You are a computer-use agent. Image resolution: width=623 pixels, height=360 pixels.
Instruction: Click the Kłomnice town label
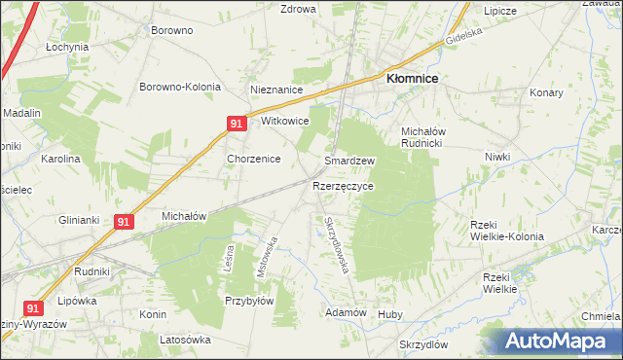coord(412,81)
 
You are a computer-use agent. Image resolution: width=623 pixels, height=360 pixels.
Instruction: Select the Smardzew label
coord(349,161)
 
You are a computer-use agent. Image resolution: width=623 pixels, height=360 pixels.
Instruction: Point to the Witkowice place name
coord(285,122)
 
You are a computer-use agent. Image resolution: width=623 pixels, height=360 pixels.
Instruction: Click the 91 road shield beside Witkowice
coord(237,124)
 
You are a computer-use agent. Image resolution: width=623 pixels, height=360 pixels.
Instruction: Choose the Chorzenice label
coord(254,159)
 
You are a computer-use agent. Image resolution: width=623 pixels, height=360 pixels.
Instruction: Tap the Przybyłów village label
coord(248,301)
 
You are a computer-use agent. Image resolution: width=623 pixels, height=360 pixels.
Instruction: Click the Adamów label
coord(346,312)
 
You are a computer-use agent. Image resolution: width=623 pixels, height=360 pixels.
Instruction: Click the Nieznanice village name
coord(277,90)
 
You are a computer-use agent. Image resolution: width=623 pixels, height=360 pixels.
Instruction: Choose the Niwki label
coord(497,157)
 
